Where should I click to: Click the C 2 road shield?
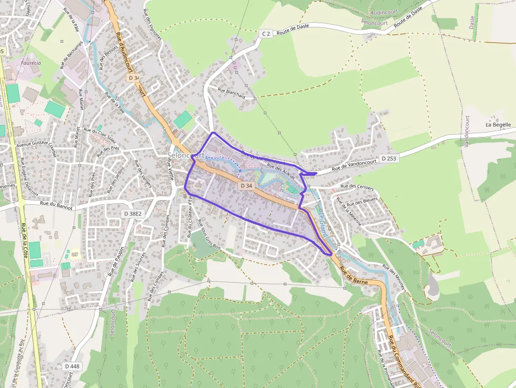pos(266,34)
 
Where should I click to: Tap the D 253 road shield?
pos(388,158)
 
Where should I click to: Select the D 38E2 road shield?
pos(132,214)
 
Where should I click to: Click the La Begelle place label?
pos(498,125)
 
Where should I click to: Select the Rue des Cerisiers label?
pos(357,187)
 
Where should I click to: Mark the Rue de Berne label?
pos(354,275)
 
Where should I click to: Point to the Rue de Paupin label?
pos(116,261)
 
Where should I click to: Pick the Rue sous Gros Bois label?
pos(209,234)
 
